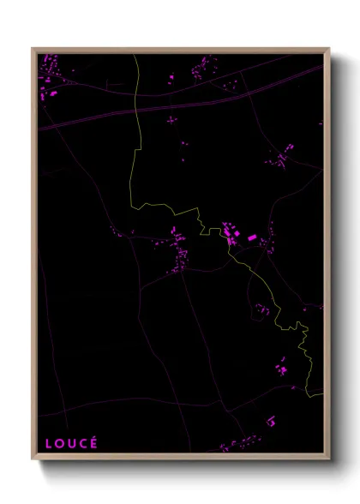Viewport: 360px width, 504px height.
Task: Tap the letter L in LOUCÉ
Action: tap(49, 443)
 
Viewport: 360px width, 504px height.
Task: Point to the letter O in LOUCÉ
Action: tap(59, 443)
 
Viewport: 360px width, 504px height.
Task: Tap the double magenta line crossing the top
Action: tap(171, 107)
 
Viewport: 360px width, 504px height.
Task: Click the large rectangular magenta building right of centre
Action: tap(253, 237)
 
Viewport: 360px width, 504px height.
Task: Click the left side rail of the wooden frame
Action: tap(34, 257)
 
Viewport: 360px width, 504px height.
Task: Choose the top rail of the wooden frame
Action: tap(180, 50)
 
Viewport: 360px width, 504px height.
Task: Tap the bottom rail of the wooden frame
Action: tap(180, 457)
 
